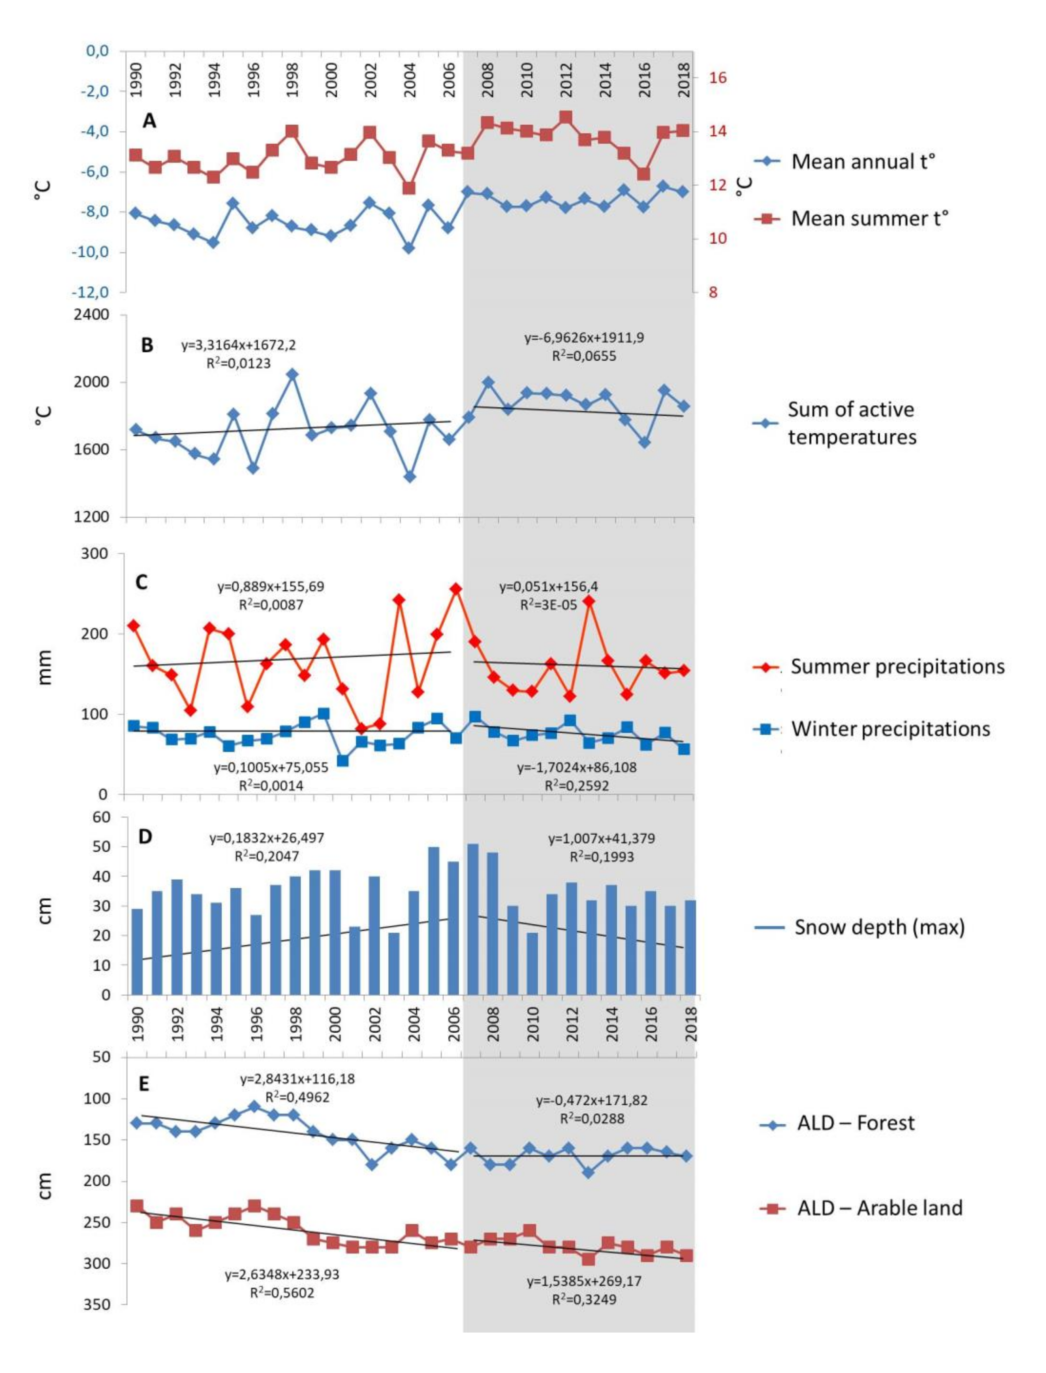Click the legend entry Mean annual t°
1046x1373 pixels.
[x=862, y=162]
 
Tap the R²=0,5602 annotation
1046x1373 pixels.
[x=282, y=1293]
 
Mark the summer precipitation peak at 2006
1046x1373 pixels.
[x=456, y=589]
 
